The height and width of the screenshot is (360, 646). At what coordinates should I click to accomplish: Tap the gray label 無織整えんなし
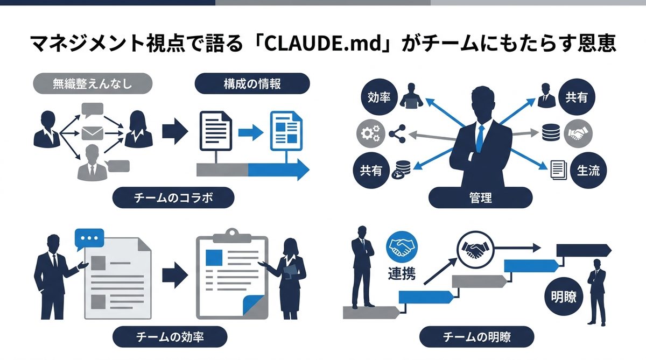tap(93, 84)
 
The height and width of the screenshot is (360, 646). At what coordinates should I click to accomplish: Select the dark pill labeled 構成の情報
tap(252, 84)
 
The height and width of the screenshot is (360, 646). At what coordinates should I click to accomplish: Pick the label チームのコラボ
tap(173, 198)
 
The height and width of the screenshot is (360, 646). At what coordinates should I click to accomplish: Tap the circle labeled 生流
tap(588, 170)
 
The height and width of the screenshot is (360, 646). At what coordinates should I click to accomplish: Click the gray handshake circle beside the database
tap(579, 133)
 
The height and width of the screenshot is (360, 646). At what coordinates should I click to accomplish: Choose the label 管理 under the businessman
tap(481, 198)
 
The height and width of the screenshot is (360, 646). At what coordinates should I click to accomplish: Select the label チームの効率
tap(170, 337)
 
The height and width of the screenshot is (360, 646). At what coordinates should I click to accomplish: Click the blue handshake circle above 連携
tap(401, 247)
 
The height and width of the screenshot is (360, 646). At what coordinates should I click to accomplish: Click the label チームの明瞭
tap(476, 337)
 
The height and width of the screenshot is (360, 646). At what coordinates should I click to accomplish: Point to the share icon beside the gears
tap(398, 133)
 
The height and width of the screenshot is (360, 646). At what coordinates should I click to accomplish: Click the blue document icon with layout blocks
tap(284, 130)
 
